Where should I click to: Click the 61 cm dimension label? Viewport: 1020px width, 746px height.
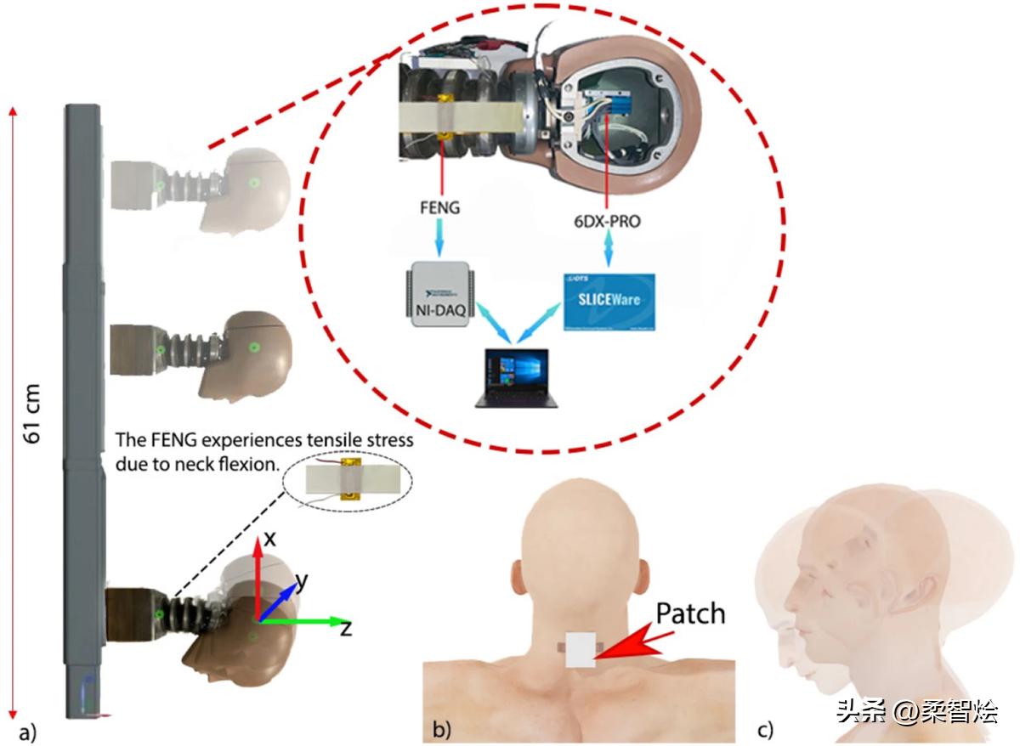tap(36, 416)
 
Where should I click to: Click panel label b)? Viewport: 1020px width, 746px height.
tap(442, 729)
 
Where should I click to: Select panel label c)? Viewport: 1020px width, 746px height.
tap(766, 729)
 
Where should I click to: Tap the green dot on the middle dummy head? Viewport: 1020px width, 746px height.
tap(252, 347)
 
